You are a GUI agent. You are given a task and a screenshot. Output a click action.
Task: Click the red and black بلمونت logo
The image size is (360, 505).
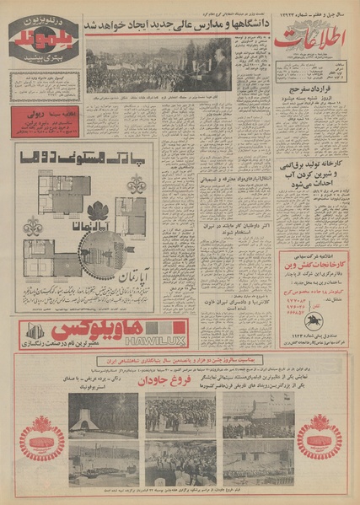[43, 40]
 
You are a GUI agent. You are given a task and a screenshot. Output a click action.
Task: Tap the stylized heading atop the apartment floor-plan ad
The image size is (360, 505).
[82, 158]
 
